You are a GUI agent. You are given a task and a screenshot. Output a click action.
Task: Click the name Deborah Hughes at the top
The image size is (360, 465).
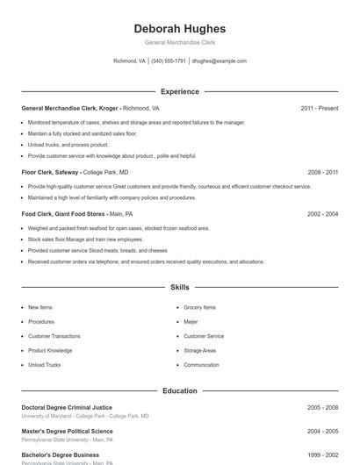179,29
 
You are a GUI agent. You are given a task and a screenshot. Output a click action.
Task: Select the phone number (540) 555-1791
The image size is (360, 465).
169,61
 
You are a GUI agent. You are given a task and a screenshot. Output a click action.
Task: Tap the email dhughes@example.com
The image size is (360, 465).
220,61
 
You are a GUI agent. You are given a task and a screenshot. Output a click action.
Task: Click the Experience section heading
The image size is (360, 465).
179,91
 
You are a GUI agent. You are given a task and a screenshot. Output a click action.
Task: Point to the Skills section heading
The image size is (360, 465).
179,287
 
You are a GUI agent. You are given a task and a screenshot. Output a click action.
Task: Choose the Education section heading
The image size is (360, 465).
179,390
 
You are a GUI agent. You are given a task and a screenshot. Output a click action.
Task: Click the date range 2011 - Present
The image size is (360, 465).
319,108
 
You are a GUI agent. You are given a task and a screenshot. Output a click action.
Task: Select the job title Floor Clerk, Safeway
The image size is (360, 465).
50,172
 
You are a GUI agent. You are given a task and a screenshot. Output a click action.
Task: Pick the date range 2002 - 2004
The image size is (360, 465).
322,214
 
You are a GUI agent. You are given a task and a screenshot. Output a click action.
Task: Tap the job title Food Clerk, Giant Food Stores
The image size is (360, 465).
63,214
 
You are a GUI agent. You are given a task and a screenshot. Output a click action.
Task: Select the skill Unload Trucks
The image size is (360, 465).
44,365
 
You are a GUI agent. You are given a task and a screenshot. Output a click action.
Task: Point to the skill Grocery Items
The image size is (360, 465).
199,308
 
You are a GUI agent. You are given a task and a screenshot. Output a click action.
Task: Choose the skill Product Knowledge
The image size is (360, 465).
50,351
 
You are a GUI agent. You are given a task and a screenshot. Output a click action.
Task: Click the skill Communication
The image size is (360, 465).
201,365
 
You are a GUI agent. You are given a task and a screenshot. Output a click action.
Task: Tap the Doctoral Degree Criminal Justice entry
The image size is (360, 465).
67,407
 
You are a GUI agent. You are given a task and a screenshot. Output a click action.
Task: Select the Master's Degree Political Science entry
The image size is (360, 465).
67,431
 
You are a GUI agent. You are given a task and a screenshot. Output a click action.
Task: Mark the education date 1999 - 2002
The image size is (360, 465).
322,455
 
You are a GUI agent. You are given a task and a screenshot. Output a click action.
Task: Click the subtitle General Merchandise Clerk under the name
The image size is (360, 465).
179,42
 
